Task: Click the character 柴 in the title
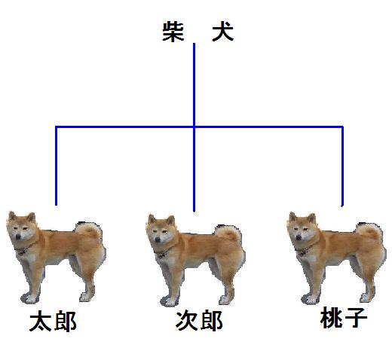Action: (173, 32)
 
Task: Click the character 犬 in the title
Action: (223, 32)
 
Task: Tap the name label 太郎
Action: (53, 322)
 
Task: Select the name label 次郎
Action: (199, 321)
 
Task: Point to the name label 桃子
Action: (344, 318)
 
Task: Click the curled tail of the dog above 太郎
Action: (89, 231)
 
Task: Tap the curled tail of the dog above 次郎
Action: (228, 234)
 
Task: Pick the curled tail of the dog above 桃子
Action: (369, 232)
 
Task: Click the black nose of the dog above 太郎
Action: (18, 236)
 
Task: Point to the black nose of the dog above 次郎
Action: (158, 239)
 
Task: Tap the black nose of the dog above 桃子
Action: (299, 237)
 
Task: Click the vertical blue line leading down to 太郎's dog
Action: (57, 166)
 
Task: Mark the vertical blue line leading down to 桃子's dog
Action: (342, 166)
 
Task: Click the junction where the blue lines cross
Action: (194, 127)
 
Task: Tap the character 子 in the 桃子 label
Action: (356, 318)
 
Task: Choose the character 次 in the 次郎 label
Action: (187, 321)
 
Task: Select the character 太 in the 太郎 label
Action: (41, 322)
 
